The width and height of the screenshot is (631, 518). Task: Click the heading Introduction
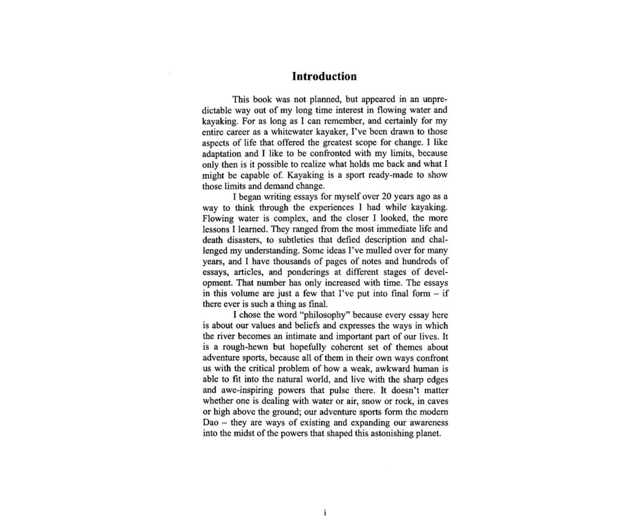[324, 77]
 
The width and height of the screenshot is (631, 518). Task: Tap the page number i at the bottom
[325, 513]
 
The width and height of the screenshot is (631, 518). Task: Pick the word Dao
[210, 422]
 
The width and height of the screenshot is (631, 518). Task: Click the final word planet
[428, 433]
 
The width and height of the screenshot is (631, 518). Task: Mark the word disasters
[245, 240]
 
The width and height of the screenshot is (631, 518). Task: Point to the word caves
[437, 401]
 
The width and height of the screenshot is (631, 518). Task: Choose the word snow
[372, 401]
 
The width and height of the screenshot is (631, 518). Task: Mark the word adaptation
[222, 153]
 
